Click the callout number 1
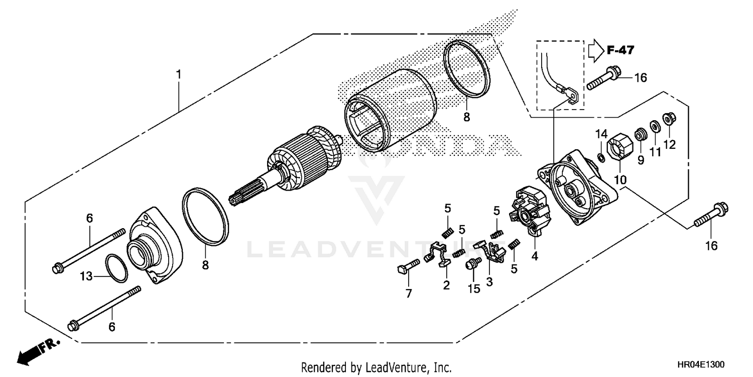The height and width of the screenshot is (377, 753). click(178, 74)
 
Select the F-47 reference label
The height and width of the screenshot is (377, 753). click(620, 50)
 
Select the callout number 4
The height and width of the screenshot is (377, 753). click(535, 256)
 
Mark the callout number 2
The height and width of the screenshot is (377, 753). click(446, 285)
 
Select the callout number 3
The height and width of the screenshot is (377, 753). click(489, 282)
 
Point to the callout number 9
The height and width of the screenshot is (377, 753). click(640, 160)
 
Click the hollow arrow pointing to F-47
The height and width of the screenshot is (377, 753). click(595, 50)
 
